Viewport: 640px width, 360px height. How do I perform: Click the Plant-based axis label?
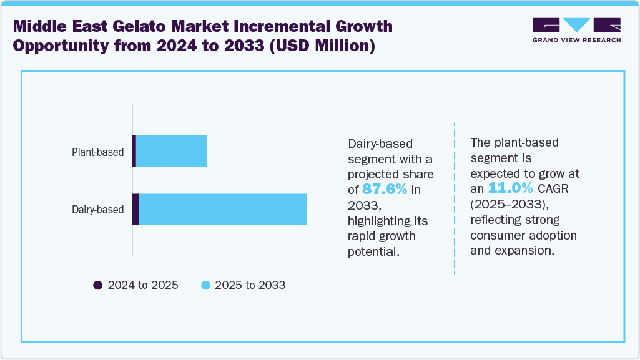(97, 152)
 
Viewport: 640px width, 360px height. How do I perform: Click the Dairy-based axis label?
(97, 210)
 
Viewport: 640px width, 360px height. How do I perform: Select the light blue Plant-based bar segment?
(171, 151)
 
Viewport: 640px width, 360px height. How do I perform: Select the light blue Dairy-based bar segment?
(222, 209)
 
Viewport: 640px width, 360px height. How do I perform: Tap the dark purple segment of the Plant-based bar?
(134, 151)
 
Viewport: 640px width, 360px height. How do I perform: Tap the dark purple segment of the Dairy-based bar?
(135, 209)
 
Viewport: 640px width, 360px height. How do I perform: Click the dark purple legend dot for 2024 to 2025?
(97, 285)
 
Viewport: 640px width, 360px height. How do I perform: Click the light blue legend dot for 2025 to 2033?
(205, 285)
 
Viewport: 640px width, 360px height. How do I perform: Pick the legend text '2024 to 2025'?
(143, 285)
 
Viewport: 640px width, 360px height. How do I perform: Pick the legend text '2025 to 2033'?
(250, 285)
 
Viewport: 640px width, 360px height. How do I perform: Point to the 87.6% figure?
(385, 189)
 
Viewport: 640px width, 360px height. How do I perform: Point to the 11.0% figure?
(510, 188)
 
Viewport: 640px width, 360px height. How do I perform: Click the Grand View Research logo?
(576, 29)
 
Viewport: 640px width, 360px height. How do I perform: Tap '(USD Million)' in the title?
(322, 47)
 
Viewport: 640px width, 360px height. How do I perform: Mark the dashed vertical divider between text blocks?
(454, 200)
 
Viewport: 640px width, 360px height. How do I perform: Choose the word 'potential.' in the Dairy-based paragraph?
(373, 251)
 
